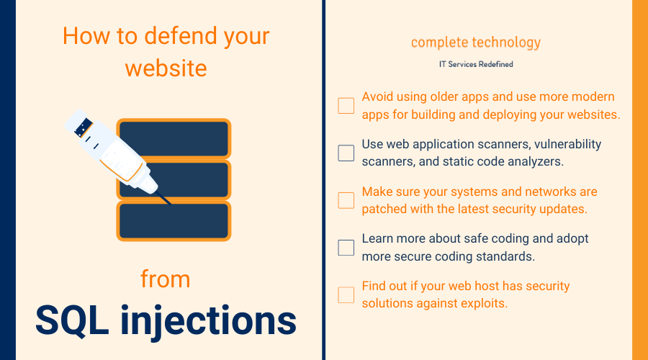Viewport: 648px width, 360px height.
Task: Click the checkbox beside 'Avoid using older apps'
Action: [x=346, y=105]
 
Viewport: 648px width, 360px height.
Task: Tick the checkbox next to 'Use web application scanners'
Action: [x=346, y=153]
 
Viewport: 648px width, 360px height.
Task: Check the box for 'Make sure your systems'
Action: [x=346, y=200]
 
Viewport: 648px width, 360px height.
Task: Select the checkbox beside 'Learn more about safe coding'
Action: [x=346, y=248]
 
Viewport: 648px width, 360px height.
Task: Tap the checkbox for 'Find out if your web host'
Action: [x=346, y=295]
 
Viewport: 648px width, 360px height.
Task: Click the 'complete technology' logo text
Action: [x=476, y=42]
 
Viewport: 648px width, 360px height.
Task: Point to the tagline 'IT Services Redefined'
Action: [x=476, y=64]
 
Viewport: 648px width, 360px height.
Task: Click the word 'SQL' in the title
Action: [x=72, y=320]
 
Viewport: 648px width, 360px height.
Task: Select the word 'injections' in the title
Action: [x=208, y=322]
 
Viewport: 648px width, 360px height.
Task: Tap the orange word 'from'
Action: [x=166, y=279]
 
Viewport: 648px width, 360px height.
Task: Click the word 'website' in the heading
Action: [x=166, y=68]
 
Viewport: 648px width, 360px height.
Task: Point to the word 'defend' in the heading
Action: [x=181, y=35]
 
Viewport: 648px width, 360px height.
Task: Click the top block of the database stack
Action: [x=174, y=139]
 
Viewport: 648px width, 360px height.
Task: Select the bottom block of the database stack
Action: [x=174, y=221]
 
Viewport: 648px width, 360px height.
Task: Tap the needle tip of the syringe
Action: [x=170, y=203]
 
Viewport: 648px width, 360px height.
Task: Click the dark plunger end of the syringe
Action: [x=84, y=127]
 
